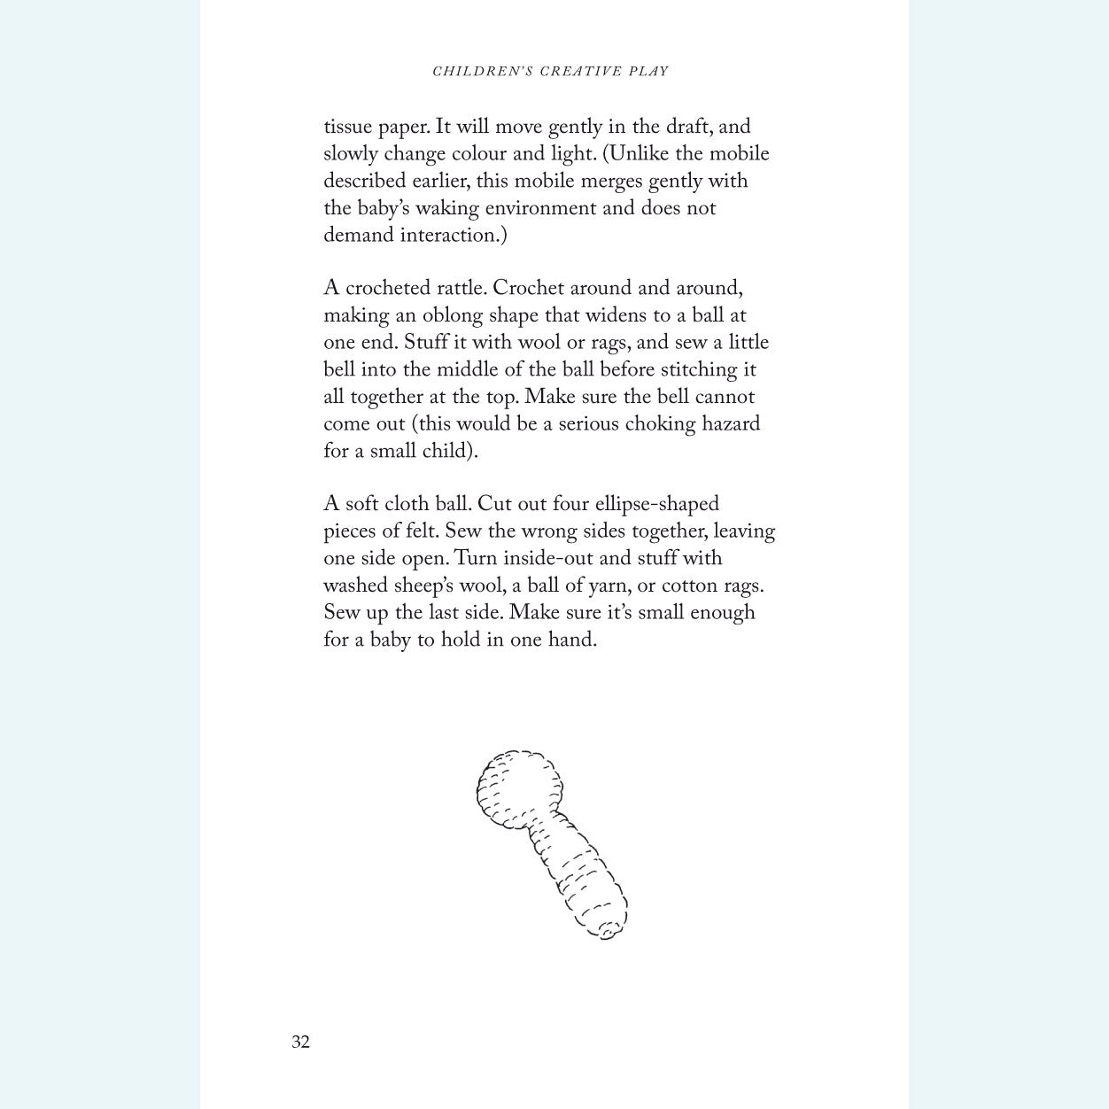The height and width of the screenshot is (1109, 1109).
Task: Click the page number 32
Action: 300,1042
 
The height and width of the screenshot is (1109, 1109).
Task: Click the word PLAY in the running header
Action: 649,71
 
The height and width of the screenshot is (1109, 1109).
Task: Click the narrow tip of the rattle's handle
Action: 607,928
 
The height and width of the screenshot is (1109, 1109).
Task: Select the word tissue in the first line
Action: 348,127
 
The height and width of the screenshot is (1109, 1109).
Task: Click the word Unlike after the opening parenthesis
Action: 640,154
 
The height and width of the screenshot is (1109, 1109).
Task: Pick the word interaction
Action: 453,236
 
